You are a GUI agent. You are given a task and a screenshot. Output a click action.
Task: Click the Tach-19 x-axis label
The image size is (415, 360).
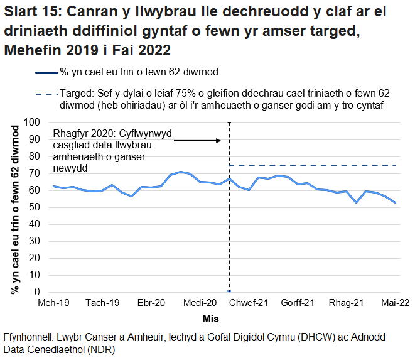tap(104, 303)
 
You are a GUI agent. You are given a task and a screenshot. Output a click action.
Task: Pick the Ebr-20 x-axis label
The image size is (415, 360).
tap(151, 303)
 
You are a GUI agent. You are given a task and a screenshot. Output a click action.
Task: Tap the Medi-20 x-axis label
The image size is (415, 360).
tap(199, 303)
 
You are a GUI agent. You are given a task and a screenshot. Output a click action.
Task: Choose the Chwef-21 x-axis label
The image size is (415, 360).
tap(250, 303)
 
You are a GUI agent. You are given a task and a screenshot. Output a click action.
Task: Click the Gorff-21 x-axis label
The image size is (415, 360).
tap(298, 303)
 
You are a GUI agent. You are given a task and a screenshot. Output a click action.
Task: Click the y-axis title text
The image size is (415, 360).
tap(14, 207)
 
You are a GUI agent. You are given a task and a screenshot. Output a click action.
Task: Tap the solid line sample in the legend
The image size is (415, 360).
tap(46, 72)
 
